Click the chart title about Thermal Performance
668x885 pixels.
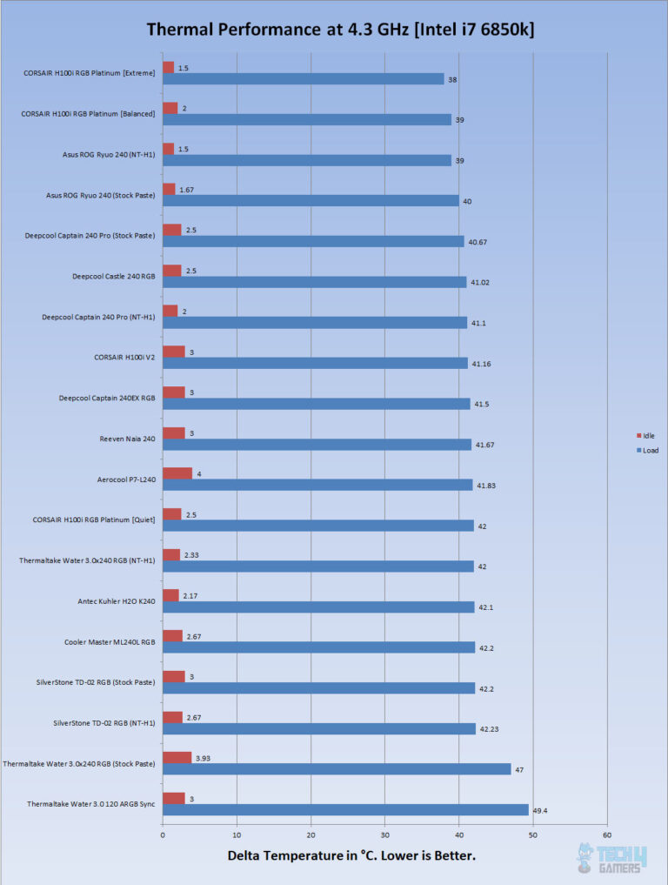coord(340,30)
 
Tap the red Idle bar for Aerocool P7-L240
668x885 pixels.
coord(177,473)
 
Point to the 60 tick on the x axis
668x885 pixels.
coord(606,835)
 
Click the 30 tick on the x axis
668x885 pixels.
coord(384,835)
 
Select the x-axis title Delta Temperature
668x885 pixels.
coord(351,856)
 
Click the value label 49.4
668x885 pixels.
coord(540,810)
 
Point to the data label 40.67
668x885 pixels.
coord(477,242)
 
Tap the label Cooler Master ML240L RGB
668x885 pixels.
coord(110,641)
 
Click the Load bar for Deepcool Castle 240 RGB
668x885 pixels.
coord(314,282)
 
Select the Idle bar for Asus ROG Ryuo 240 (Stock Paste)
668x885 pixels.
coord(169,189)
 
